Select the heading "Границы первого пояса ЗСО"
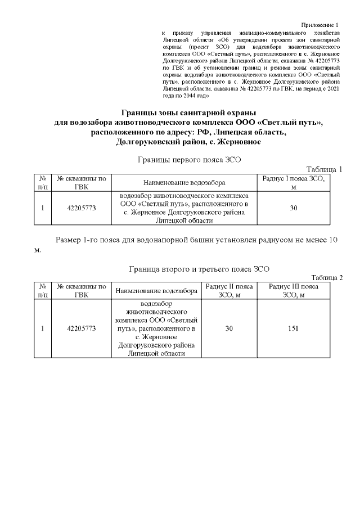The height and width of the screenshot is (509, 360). click(189, 160)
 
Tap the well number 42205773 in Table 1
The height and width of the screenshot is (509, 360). click(82, 208)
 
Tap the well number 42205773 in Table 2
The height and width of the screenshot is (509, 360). click(82, 328)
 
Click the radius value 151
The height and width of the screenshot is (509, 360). click(293, 328)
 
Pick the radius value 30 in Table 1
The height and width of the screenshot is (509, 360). click(293, 208)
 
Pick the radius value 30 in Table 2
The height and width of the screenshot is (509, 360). click(229, 328)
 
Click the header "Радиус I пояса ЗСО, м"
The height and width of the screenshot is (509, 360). click(293, 182)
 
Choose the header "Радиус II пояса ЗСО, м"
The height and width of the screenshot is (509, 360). click(229, 291)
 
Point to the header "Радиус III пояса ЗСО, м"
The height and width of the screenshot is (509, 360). click(293, 291)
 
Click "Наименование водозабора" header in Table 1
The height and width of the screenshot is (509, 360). click(184, 183)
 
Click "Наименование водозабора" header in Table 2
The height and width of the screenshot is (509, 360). click(156, 291)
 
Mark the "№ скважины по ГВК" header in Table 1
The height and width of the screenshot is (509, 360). click(82, 182)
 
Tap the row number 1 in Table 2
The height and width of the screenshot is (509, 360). click(43, 328)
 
